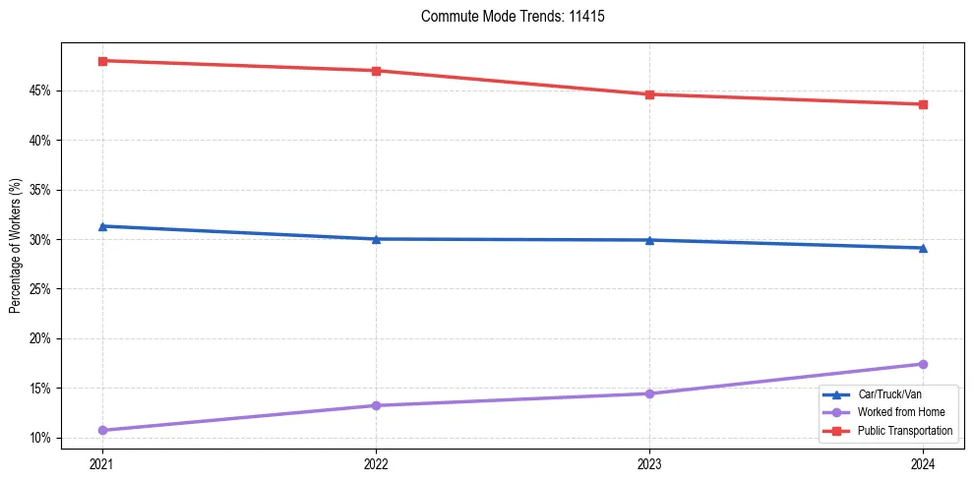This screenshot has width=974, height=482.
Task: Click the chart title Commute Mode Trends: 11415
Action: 505,17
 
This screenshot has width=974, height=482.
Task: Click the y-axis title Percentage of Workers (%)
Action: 15,246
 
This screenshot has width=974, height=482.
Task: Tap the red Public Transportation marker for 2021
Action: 102,61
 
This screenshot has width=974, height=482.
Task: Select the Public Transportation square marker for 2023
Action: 649,94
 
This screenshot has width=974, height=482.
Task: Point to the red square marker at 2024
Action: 923,104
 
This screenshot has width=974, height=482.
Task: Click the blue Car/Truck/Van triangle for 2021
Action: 102,226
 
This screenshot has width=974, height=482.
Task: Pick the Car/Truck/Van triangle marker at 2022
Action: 376,239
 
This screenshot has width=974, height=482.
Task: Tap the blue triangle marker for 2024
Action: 923,248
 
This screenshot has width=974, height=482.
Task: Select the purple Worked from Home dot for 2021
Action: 102,430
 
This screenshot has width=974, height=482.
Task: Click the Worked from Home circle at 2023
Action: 649,393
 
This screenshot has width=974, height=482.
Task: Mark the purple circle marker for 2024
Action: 923,364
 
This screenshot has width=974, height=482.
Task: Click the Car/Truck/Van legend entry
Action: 886,394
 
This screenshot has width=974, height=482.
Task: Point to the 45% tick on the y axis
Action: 40,91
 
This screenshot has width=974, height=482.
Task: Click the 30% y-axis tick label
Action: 40,240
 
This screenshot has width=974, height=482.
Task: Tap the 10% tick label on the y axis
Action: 40,438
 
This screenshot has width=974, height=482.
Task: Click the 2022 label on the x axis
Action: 376,462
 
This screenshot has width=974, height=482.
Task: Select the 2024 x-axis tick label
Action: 923,462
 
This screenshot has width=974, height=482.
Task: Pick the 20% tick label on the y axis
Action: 40,339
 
